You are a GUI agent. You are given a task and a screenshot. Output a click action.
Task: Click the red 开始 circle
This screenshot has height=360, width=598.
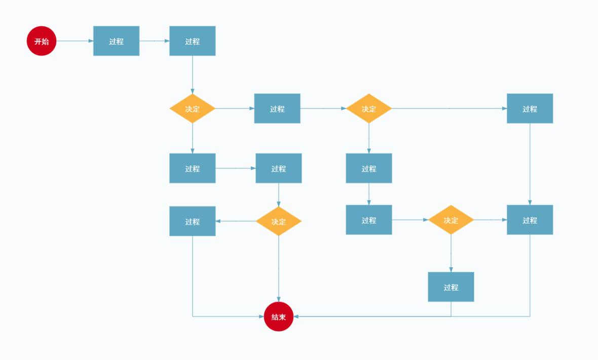click(x=41, y=41)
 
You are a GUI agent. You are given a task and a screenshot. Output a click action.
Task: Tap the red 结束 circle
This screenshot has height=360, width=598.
click(x=278, y=316)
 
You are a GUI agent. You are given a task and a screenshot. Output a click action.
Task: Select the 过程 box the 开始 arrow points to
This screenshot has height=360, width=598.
click(x=116, y=41)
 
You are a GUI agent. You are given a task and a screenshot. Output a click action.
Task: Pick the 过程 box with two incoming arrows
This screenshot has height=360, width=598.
click(x=530, y=220)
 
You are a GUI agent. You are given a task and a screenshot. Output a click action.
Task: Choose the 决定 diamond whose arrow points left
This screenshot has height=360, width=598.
click(x=278, y=221)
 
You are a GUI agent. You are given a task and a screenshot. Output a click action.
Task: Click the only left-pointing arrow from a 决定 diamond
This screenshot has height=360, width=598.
click(x=236, y=221)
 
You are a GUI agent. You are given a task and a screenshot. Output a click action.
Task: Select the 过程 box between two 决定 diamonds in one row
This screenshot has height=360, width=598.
click(x=277, y=109)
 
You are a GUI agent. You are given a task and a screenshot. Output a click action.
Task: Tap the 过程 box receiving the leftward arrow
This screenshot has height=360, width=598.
click(x=192, y=221)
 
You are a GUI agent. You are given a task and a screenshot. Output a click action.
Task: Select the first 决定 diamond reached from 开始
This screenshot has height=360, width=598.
click(x=192, y=109)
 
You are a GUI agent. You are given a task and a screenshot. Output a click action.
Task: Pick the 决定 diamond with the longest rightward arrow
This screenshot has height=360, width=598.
click(x=369, y=109)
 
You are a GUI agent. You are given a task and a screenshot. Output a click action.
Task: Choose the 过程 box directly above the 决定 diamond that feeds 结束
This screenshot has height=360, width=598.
click(x=278, y=168)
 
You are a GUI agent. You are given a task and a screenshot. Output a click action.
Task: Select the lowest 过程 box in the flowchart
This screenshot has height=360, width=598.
click(x=451, y=287)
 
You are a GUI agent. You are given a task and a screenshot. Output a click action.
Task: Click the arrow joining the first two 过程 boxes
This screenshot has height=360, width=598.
click(x=154, y=41)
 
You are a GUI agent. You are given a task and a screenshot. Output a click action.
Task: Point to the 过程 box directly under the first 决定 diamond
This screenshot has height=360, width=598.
click(x=192, y=168)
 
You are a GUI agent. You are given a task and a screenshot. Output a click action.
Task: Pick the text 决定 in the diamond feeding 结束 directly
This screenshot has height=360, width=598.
click(x=278, y=222)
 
